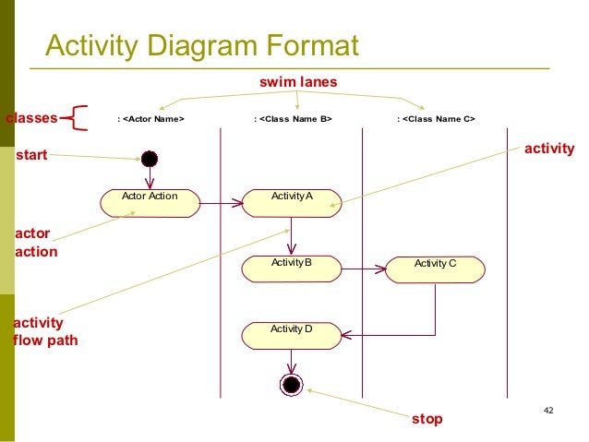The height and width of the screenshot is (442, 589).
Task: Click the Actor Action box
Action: [150, 203]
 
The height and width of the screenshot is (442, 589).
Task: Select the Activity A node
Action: [292, 203]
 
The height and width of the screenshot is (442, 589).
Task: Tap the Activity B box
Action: [292, 269]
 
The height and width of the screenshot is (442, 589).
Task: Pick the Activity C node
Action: [435, 269]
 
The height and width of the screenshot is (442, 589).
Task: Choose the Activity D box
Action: [292, 333]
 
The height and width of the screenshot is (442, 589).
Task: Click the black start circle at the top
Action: [149, 158]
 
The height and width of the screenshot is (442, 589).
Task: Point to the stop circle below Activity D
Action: [292, 384]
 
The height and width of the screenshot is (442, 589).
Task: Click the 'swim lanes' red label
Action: [298, 83]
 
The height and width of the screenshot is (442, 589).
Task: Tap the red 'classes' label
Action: [31, 118]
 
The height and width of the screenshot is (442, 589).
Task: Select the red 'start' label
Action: [31, 157]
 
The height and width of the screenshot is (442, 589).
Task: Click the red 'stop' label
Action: [427, 419]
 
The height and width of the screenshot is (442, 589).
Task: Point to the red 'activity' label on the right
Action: [548, 149]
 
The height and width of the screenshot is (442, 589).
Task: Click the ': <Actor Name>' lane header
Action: [150, 119]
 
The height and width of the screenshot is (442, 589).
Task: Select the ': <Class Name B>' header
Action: [293, 119]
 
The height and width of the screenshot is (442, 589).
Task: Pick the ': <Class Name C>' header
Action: [435, 119]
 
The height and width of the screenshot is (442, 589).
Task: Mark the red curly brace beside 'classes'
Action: [78, 118]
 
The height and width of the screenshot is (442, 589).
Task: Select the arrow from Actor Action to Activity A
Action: [222, 203]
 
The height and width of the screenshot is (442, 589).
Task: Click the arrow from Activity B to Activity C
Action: [363, 269]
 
